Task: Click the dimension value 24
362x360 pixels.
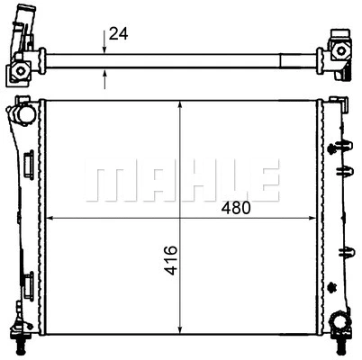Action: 118,33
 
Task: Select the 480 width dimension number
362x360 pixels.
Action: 236,208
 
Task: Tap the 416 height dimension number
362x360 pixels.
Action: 170,260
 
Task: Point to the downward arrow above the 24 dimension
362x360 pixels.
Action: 104,42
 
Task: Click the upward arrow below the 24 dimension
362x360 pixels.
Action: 104,79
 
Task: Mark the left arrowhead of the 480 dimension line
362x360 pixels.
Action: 50,218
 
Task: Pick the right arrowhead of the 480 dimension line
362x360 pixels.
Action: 312,218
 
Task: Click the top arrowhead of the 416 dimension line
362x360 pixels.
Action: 180,104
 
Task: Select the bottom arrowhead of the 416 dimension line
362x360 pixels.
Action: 180,329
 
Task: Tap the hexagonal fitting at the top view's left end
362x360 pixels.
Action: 20,71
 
